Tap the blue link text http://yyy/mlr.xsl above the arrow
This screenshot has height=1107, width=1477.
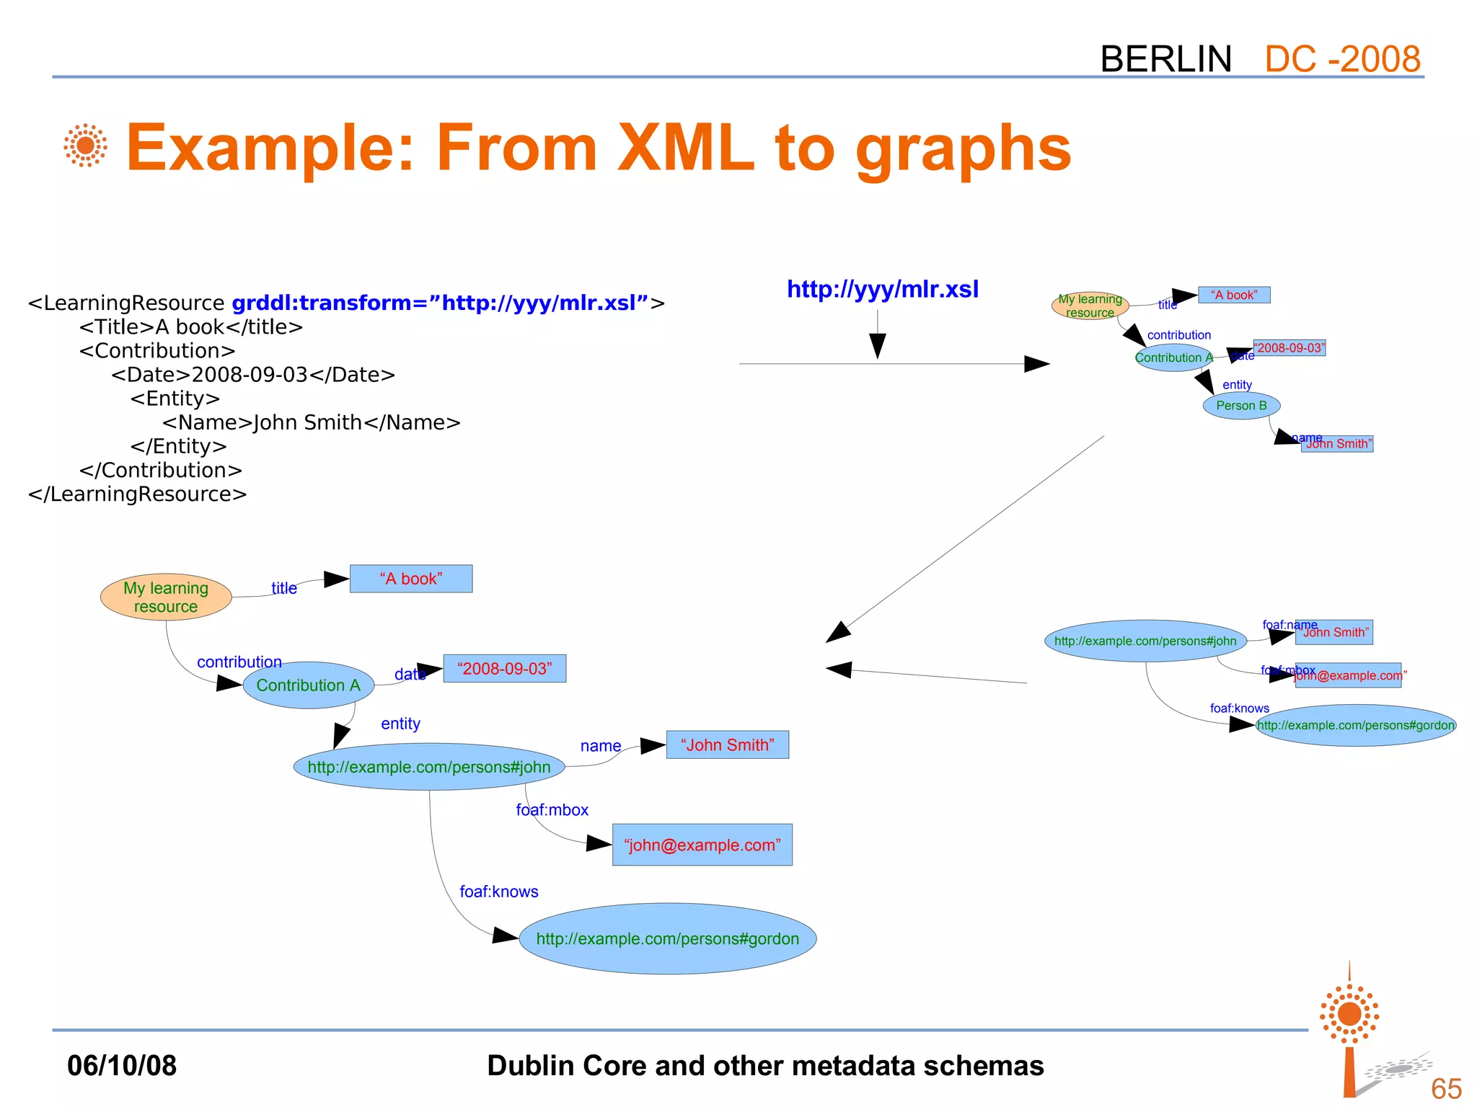(882, 289)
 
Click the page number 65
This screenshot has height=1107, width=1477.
(1445, 1088)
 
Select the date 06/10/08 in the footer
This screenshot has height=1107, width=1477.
(121, 1065)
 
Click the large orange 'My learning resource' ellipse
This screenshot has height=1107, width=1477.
(166, 597)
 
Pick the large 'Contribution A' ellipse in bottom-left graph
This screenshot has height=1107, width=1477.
(308, 685)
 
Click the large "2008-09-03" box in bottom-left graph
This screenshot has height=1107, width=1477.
(504, 668)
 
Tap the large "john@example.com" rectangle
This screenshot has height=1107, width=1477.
(702, 845)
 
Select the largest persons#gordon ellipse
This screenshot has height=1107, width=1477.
(667, 938)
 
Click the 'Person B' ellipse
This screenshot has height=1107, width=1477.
(1241, 406)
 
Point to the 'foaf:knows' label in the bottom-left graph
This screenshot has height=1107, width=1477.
(498, 892)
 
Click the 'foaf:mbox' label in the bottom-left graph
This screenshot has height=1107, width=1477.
(552, 810)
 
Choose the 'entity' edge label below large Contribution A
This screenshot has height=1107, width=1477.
(400, 724)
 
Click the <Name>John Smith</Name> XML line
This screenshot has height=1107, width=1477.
(311, 422)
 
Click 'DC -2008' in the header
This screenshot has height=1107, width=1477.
(1342, 59)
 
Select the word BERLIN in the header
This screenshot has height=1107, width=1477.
(1165, 59)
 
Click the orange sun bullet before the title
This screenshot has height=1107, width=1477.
(85, 146)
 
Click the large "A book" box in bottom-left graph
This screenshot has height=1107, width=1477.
(410, 579)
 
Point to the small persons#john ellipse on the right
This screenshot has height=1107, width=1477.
(1145, 641)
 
